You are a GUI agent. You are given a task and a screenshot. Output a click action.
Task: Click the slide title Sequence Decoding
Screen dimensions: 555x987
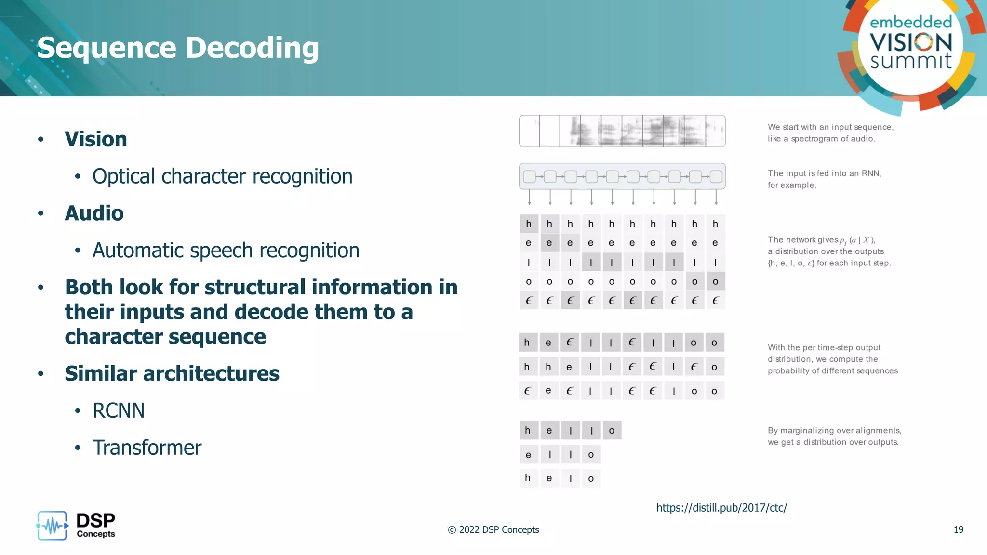coord(178,48)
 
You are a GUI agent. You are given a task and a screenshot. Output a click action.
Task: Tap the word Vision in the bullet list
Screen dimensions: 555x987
coord(96,139)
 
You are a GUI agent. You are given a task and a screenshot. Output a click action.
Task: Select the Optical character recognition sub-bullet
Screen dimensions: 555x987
coord(222,176)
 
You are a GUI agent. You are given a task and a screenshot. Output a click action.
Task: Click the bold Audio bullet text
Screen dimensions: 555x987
coord(94,213)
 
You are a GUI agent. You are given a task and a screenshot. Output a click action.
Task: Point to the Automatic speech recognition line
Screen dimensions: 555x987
coord(226,251)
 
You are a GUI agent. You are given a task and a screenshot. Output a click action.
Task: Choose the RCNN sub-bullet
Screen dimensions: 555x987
coord(119,411)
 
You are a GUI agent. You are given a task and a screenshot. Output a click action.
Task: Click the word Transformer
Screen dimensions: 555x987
coord(147,448)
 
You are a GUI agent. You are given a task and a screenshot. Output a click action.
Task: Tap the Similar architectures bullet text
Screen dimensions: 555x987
coord(172,374)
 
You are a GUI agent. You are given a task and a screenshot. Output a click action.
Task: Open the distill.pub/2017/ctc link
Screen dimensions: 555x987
coord(721,508)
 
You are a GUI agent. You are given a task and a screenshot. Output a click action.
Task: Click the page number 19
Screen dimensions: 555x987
coord(958,530)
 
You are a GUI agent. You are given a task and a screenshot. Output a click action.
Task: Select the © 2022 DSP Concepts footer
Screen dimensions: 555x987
coord(493,530)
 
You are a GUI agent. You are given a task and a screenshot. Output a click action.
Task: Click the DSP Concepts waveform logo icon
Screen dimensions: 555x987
coord(52,526)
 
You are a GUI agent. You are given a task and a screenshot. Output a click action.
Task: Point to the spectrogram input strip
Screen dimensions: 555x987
coord(622,131)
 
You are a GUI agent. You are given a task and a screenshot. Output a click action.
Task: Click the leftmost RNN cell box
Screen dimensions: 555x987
coord(529,177)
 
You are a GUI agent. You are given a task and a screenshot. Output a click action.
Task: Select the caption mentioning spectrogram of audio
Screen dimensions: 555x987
coord(830,133)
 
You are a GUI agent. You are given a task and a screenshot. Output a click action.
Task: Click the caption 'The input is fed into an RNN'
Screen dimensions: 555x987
coord(824,179)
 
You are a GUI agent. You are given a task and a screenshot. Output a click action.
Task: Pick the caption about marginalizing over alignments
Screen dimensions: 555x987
coord(834,436)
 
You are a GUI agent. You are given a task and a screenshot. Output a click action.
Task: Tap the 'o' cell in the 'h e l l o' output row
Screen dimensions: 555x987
coord(612,431)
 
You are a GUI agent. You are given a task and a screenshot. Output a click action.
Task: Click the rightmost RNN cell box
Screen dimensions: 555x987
coord(716,177)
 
